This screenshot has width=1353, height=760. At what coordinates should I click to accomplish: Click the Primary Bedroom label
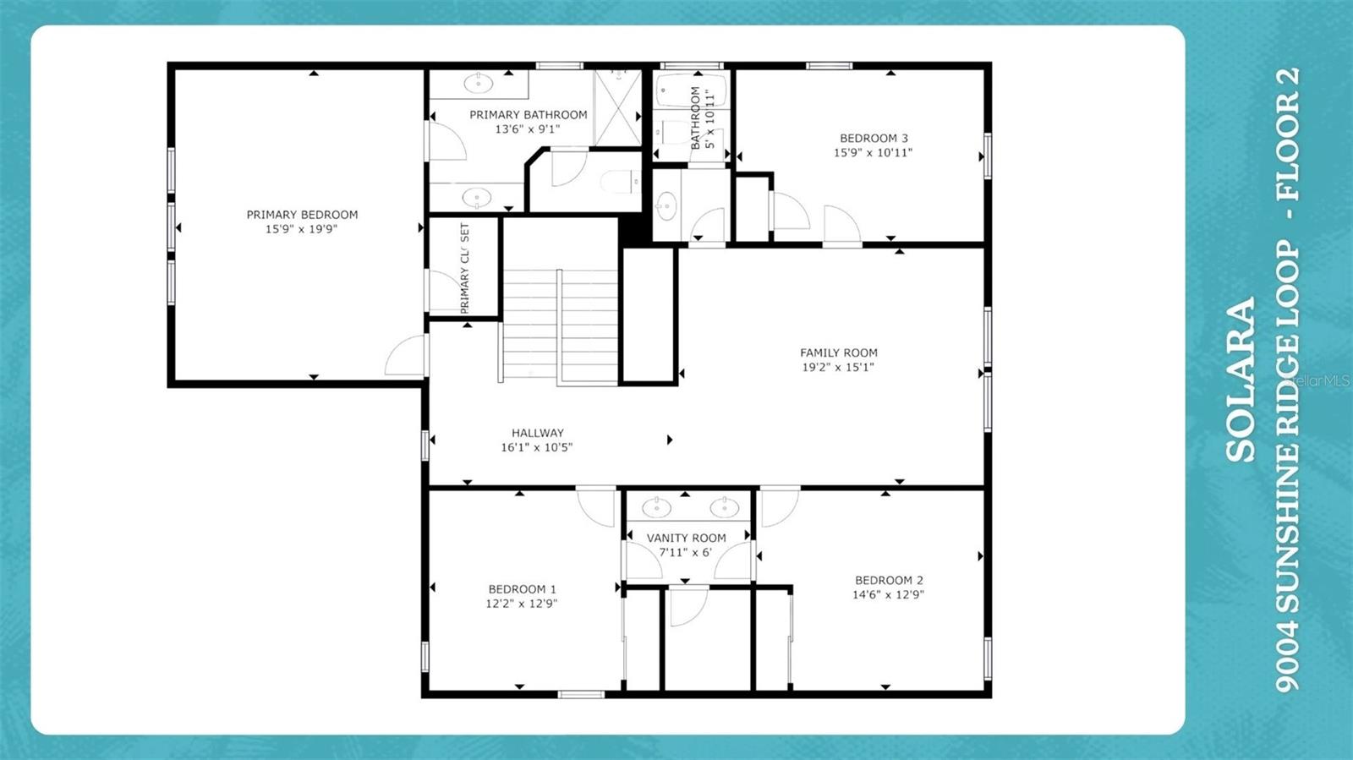click(302, 215)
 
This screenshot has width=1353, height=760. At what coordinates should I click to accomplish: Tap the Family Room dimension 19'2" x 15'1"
click(837, 367)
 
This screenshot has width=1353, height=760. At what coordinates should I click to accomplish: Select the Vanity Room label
click(686, 538)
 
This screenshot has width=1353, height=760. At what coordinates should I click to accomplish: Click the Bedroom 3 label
click(874, 138)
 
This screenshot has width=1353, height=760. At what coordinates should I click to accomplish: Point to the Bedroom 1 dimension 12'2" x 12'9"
click(521, 604)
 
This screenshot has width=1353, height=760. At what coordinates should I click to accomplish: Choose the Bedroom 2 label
click(889, 580)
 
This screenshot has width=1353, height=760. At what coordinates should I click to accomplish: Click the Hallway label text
click(537, 433)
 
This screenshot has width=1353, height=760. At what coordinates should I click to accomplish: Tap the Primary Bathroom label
click(528, 115)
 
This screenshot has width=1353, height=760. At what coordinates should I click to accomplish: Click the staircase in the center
click(561, 325)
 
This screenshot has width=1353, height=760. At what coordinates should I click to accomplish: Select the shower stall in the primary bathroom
click(617, 107)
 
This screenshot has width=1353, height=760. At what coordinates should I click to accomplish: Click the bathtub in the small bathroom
click(691, 90)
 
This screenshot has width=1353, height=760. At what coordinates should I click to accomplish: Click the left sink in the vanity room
click(657, 507)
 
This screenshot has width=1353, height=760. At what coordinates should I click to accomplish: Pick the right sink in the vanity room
click(724, 507)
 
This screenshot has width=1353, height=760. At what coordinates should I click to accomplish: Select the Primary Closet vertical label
click(464, 268)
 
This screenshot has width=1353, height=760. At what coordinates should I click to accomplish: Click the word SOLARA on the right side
click(1241, 380)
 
